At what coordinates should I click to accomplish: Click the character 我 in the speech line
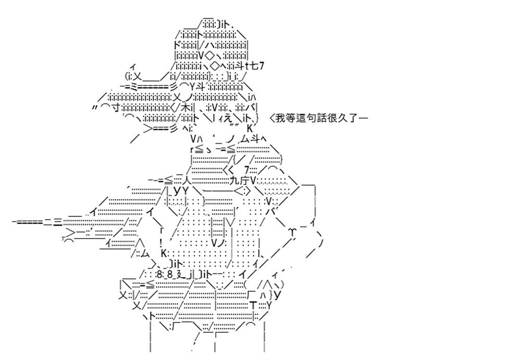[280, 118]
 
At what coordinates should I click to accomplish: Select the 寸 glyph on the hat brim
[116, 107]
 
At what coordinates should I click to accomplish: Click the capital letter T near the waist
[253, 305]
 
